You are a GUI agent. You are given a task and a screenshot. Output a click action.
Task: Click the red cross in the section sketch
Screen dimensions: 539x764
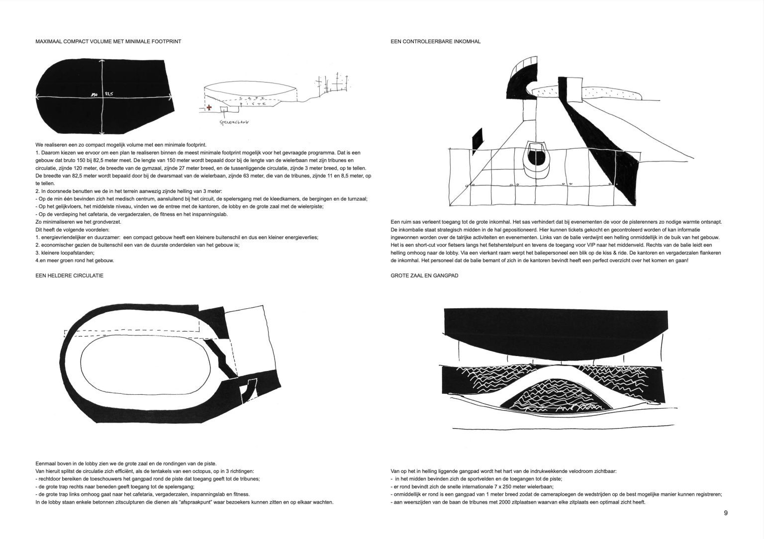pos(209,107)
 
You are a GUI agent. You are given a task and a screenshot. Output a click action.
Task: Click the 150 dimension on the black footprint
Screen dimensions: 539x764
pos(94,93)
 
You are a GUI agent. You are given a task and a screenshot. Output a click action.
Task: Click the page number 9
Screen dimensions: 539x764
pos(726,513)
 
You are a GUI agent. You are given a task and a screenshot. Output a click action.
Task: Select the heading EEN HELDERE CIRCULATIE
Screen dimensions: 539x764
pos(70,275)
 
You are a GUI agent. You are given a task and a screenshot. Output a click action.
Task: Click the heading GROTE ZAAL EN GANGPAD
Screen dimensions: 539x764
pos(424,275)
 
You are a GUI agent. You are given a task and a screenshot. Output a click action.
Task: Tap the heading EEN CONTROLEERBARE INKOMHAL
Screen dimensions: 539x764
pos(436,42)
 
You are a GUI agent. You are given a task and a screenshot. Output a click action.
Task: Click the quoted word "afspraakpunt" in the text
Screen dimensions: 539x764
pos(199,502)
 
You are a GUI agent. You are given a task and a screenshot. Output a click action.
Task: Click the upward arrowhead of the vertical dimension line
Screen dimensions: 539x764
pos(103,61)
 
